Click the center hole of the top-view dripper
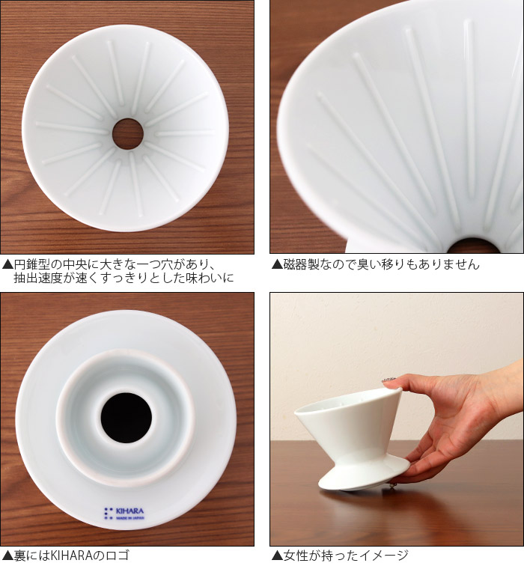click(x=128, y=134)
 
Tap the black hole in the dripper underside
click(x=127, y=418)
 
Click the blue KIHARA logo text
click(x=130, y=511)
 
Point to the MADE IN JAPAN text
click(x=130, y=517)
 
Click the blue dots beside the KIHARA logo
click(x=108, y=513)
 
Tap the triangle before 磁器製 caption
click(x=277, y=264)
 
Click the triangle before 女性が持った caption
click(x=277, y=556)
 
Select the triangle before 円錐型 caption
click(x=7, y=265)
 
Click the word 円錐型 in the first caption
click(x=31, y=265)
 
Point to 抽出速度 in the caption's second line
click(x=37, y=279)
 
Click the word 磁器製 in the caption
click(x=301, y=264)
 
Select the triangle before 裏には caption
click(x=7, y=556)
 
